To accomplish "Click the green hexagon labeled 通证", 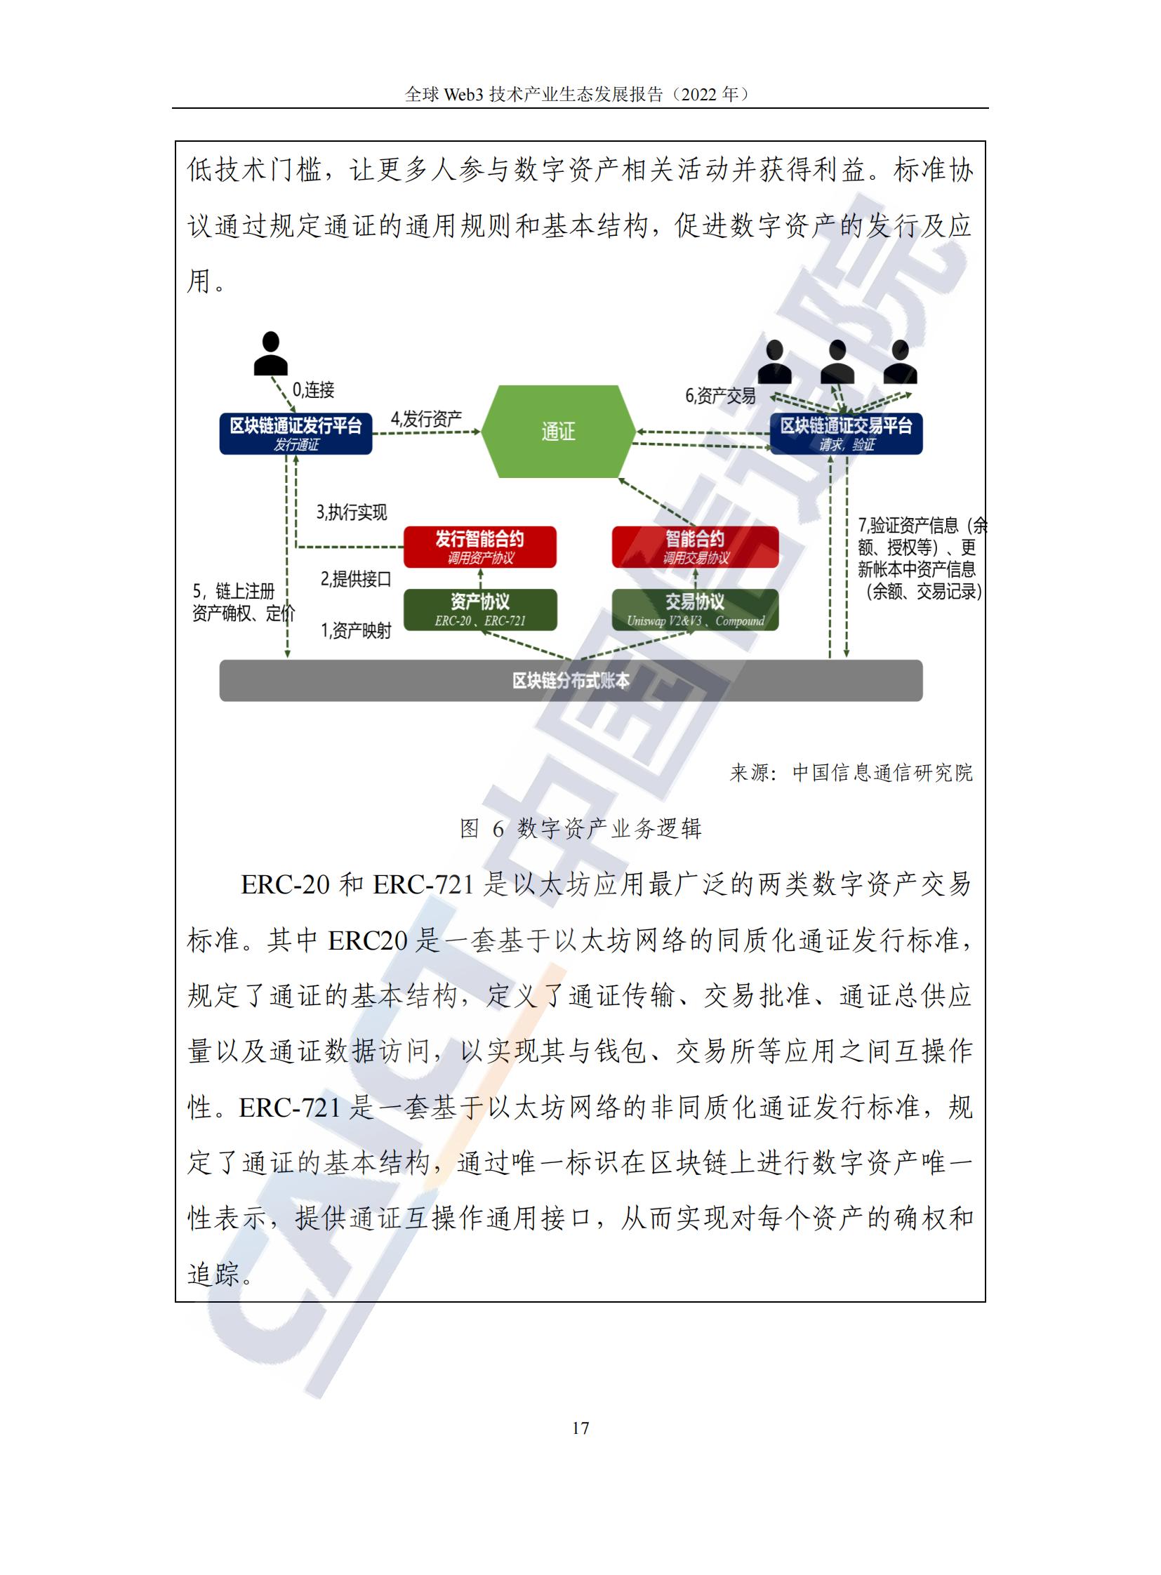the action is click(x=559, y=431).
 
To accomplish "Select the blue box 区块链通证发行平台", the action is click(x=296, y=434).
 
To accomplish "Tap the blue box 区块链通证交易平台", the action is click(x=846, y=434).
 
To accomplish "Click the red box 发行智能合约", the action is click(x=480, y=547).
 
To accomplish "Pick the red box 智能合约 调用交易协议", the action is click(x=695, y=547).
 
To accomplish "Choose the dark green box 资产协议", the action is click(x=480, y=609).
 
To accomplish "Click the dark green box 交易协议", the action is click(x=695, y=609).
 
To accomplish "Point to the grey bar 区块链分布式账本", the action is click(x=571, y=680).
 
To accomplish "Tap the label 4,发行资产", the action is click(x=427, y=419).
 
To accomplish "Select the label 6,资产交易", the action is click(x=720, y=396).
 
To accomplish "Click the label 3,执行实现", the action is click(x=352, y=512).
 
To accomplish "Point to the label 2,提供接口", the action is click(x=356, y=578).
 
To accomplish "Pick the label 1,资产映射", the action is click(x=356, y=630).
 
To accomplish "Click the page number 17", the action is click(x=580, y=1428).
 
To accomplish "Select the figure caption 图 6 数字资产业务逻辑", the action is click(x=580, y=829).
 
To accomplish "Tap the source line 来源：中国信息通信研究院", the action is click(x=851, y=772).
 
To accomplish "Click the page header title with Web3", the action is click(x=580, y=93).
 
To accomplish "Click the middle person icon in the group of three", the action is click(x=837, y=361).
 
